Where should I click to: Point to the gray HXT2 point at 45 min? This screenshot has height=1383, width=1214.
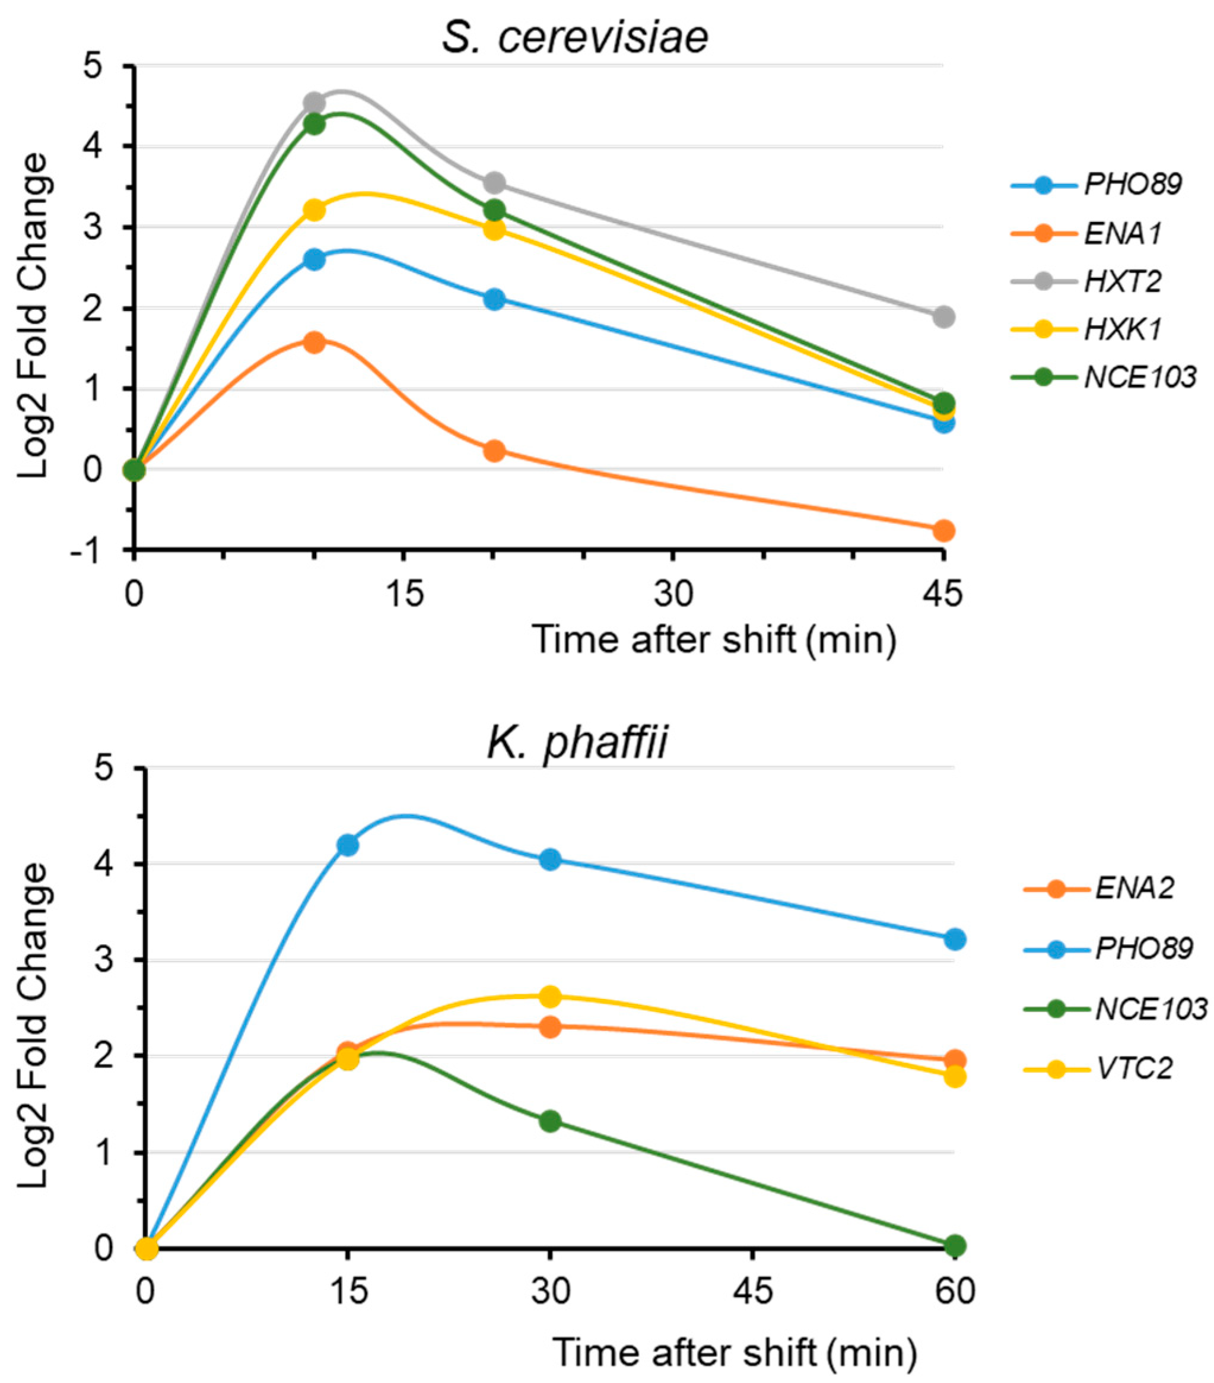tap(943, 316)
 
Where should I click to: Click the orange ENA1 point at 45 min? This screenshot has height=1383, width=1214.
tap(943, 531)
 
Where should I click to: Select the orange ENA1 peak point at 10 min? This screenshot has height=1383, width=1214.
tap(314, 342)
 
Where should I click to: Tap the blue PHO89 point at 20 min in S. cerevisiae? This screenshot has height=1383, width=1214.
tap(494, 299)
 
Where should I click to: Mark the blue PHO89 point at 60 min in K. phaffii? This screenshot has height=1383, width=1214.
tap(954, 939)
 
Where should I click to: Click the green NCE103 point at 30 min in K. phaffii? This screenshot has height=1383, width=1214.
tap(550, 1121)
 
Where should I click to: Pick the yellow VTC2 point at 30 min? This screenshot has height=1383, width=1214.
tap(550, 996)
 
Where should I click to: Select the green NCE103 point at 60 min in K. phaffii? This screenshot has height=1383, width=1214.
tap(954, 1245)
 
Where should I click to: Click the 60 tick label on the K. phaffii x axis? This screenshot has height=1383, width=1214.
tap(954, 1291)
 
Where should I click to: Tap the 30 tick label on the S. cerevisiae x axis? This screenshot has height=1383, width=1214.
tap(673, 594)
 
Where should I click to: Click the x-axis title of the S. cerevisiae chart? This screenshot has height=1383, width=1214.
tap(714, 639)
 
